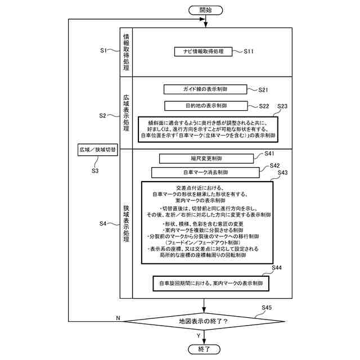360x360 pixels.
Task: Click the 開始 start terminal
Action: pyautogui.click(x=206, y=10)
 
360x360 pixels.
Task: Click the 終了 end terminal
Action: pyautogui.click(x=206, y=349)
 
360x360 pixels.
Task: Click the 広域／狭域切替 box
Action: pyautogui.click(x=98, y=150)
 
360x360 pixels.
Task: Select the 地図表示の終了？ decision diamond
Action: pyautogui.click(x=204, y=321)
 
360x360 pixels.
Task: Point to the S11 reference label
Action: pyautogui.click(x=249, y=52)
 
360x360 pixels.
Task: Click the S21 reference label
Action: pyautogui.click(x=264, y=89)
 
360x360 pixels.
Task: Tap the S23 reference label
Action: pyautogui.click(x=282, y=106)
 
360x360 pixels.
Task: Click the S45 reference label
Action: pyautogui.click(x=267, y=307)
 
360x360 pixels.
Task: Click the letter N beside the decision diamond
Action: pyautogui.click(x=118, y=318)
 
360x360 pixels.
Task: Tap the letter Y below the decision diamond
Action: pyautogui.click(x=199, y=336)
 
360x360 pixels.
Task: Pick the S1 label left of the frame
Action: pyautogui.click(x=103, y=51)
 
